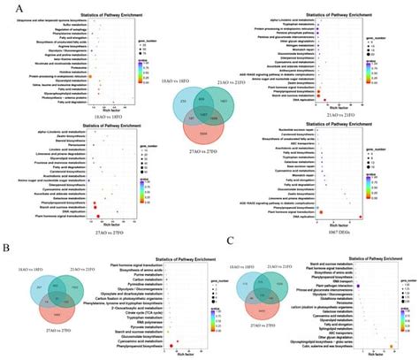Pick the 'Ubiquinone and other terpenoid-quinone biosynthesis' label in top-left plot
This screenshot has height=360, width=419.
(58, 18)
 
